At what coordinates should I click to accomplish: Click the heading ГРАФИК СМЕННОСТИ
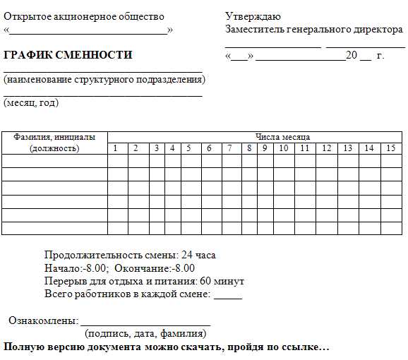(x=68, y=55)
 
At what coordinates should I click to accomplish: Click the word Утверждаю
(x=253, y=16)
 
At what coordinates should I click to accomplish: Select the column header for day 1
(x=116, y=148)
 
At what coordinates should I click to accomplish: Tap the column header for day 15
(x=390, y=148)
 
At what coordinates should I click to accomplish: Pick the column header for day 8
(x=249, y=148)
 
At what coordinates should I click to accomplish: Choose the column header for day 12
(x=326, y=148)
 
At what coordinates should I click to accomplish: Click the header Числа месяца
(x=282, y=137)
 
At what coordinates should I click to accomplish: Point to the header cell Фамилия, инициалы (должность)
(x=54, y=143)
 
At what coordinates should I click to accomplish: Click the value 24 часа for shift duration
(x=198, y=255)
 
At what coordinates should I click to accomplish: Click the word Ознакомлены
(x=42, y=320)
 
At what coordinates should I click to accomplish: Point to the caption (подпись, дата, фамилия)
(x=145, y=333)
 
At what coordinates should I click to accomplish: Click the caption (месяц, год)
(x=31, y=103)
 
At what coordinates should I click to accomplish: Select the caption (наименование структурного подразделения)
(x=104, y=80)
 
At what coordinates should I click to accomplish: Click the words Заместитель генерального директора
(x=313, y=30)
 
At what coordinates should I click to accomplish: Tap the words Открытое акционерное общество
(x=84, y=16)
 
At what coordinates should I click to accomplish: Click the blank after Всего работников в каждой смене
(x=227, y=296)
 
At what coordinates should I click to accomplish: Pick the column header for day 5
(x=188, y=148)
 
